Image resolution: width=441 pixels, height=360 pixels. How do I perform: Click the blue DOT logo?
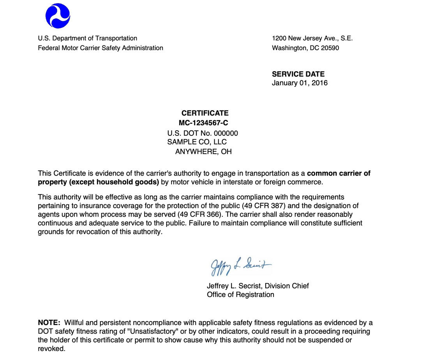(58, 16)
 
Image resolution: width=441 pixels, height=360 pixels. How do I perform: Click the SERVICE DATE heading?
(298, 74)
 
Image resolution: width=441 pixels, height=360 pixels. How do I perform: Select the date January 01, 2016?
(300, 83)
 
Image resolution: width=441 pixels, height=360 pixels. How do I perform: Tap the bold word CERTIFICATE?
(205, 113)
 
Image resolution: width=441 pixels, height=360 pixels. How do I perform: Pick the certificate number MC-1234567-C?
(203, 123)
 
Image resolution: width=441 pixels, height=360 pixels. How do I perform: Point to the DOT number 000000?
(226, 133)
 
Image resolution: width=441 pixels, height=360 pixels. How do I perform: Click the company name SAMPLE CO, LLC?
(197, 142)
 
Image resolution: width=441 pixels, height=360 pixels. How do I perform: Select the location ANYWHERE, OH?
(203, 151)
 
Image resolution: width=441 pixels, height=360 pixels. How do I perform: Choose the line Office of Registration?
(240, 295)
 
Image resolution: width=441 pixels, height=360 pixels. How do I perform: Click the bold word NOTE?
(49, 323)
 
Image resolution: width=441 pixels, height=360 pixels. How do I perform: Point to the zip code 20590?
(330, 48)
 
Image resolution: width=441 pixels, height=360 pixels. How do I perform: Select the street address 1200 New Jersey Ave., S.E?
(312, 38)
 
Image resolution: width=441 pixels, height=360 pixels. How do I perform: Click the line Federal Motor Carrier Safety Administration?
(101, 48)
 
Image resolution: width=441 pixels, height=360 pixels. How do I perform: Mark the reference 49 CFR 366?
(201, 214)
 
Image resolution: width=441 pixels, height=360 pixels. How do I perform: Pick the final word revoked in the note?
(51, 349)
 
